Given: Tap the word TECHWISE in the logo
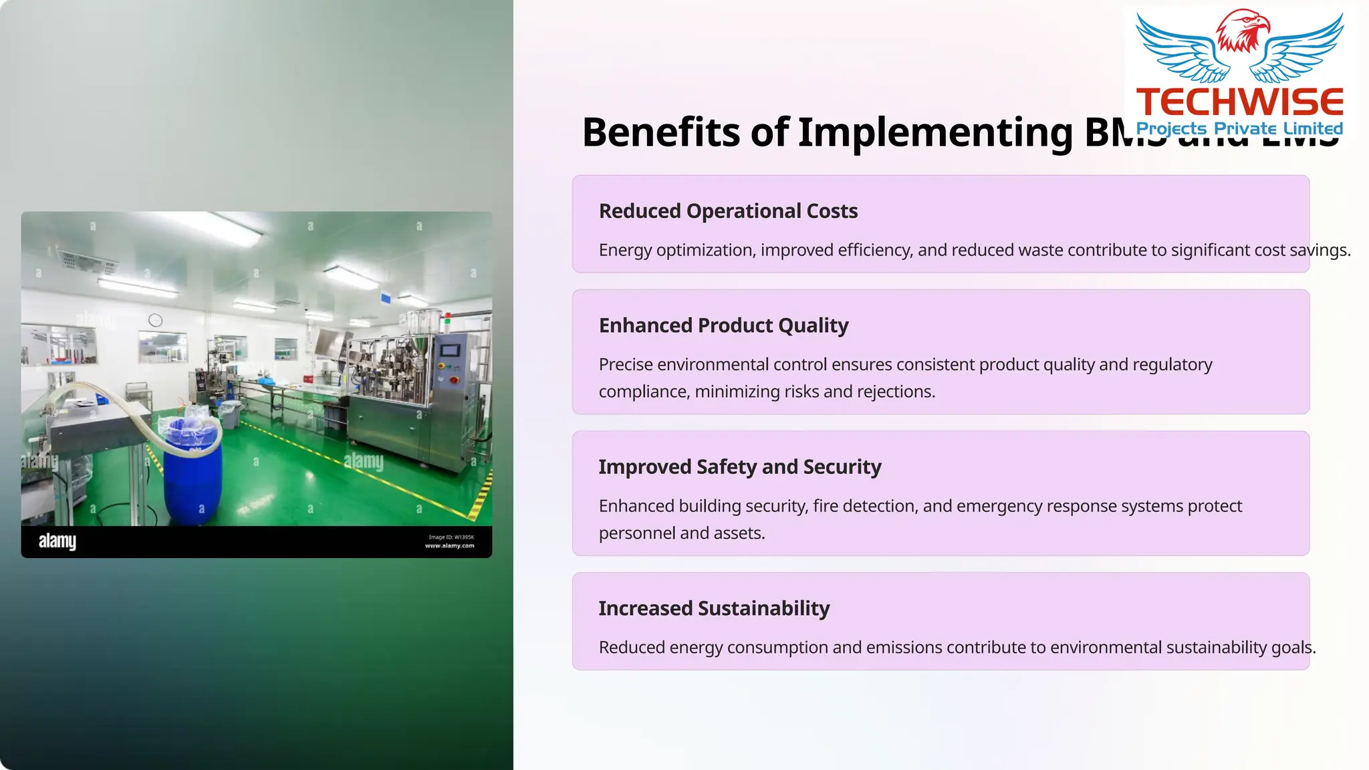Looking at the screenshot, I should (1239, 102).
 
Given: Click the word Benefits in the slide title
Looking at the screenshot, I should (661, 132).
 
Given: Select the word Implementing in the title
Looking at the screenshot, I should (935, 132).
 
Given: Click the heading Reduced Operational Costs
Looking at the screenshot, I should (728, 211).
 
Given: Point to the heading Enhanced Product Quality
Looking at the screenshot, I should (723, 326).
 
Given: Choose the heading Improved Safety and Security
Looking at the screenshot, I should (739, 467).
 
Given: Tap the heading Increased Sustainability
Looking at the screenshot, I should (714, 608).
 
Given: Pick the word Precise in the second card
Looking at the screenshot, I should (626, 364).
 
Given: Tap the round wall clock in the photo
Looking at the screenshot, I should (155, 320).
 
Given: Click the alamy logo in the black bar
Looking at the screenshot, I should (57, 541).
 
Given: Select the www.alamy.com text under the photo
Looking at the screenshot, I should (449, 546).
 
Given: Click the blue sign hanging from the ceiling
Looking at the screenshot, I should (386, 299).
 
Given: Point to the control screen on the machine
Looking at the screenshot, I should (450, 351).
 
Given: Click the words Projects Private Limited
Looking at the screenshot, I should (1239, 128).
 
